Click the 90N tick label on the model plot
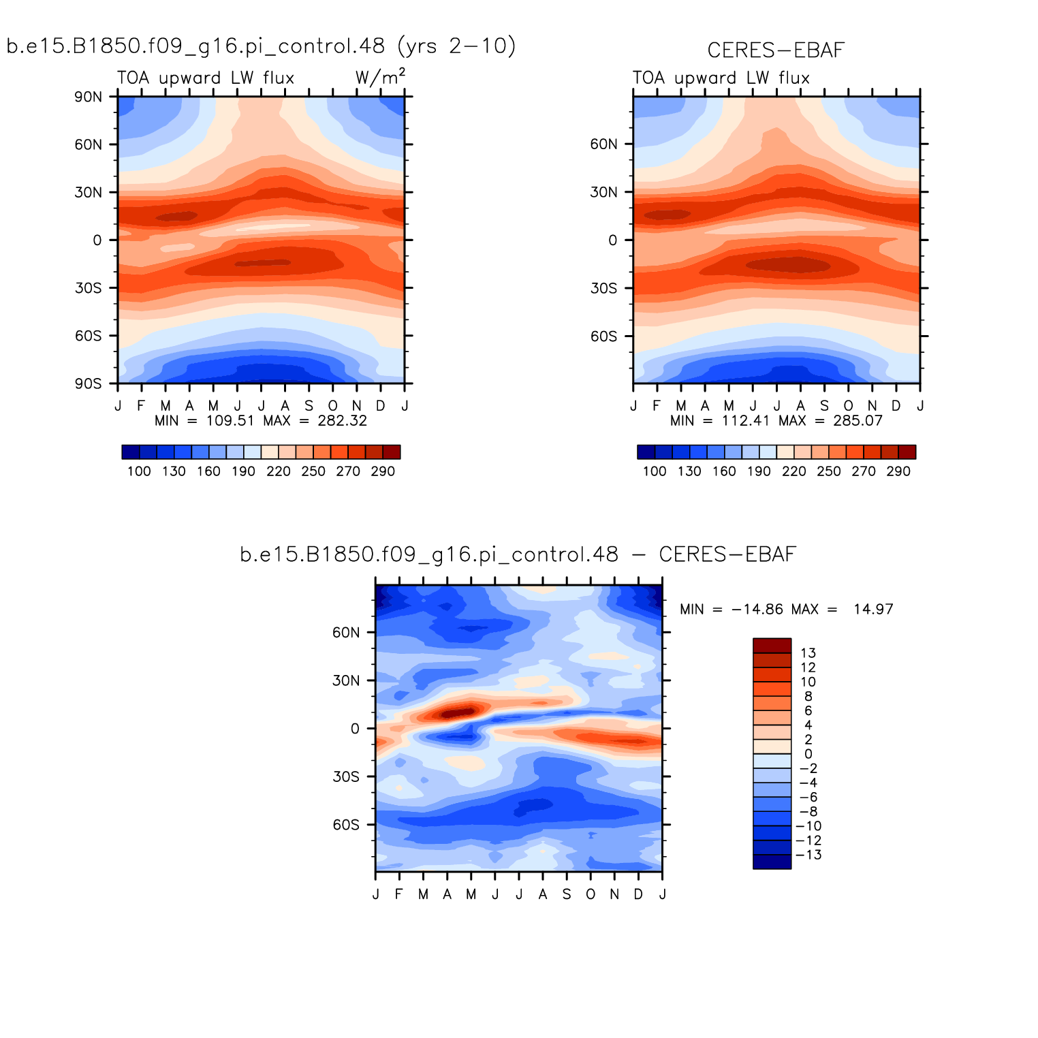(88, 97)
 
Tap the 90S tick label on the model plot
(88, 384)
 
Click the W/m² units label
(380, 78)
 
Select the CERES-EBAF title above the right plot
(776, 50)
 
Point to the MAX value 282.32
(342, 421)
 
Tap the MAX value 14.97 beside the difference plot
(873, 610)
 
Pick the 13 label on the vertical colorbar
(808, 653)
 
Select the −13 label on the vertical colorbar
(808, 855)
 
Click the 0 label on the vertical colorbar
(808, 754)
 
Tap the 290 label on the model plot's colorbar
(383, 471)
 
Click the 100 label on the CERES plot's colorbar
(655, 471)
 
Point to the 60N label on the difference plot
(346, 633)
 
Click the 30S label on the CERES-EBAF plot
(603, 289)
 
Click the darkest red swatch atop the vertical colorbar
(772, 646)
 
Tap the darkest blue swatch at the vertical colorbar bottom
(772, 862)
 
